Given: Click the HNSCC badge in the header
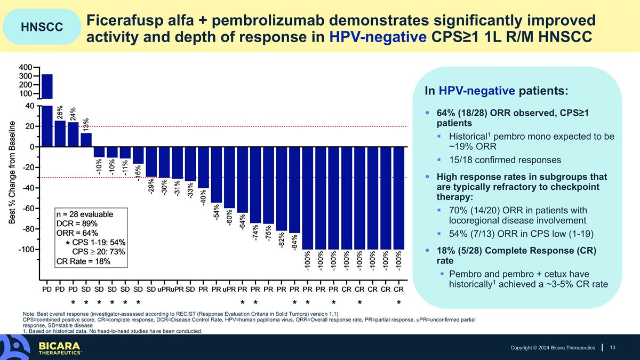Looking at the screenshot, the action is tap(42, 27).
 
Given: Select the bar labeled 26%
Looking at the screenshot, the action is tap(60, 134).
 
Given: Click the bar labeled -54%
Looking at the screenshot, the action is tap(217, 174).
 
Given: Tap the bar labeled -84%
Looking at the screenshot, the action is tap(294, 190).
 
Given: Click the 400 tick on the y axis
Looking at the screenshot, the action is tap(26, 67).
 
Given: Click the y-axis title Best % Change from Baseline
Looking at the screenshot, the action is tap(12, 173).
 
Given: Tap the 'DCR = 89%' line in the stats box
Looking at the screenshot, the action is tap(77, 223).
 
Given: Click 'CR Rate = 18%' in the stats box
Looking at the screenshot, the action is tap(83, 261).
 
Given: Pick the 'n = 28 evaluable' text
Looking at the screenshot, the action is tap(85, 214).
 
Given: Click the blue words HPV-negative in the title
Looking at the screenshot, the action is tap(378, 37).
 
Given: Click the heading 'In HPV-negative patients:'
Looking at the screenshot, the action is tap(497, 91).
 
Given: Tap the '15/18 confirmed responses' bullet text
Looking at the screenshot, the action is tap(505, 160).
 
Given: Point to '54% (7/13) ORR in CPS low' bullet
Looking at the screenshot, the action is tap(521, 234).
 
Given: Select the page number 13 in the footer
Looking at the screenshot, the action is tap(613, 347).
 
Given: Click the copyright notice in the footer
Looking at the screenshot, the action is tap(553, 348).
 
